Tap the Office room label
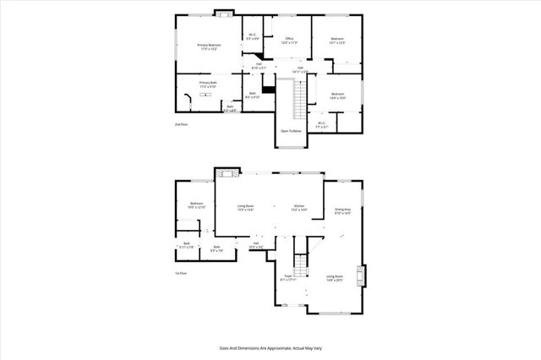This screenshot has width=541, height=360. coord(288,40)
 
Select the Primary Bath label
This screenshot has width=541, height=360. coord(208,84)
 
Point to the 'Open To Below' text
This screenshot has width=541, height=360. coord(291,132)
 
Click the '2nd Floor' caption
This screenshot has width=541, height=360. coord(181,124)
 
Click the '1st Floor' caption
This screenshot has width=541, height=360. coord(180,274)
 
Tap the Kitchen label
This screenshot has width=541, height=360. coord(299,207)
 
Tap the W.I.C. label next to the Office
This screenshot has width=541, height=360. coord(252,37)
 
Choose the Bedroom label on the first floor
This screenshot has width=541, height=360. coord(197,205)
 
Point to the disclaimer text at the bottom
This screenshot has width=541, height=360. coord(270,346)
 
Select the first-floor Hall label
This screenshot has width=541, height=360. coord(255,245)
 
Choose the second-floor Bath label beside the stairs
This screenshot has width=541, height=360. coord(252,95)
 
